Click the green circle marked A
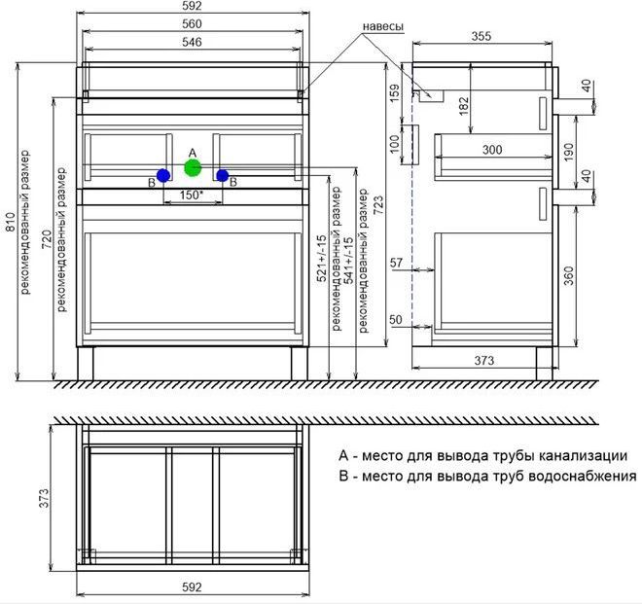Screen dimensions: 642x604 [x=193, y=168]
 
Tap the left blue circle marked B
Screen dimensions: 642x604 [x=163, y=175]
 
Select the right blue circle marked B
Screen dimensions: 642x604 [x=223, y=176]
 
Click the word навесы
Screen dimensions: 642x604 [x=383, y=26]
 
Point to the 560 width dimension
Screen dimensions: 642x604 [x=192, y=24]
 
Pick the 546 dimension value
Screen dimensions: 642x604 [x=192, y=42]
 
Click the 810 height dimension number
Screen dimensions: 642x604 [x=10, y=222]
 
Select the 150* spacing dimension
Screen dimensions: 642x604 [x=192, y=195]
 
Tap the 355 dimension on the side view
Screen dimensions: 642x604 [x=481, y=36]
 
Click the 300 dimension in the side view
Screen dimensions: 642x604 [x=492, y=150]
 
